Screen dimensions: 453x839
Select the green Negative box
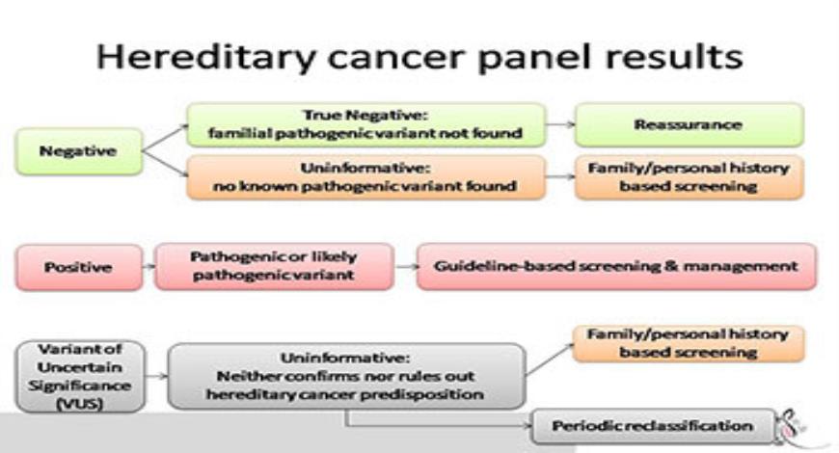(78, 151)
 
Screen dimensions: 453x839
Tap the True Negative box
(365, 125)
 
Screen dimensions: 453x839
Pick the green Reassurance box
(688, 125)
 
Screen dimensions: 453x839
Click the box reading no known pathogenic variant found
(365, 176)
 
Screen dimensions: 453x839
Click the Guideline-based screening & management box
(616, 266)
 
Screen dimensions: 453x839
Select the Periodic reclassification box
(653, 425)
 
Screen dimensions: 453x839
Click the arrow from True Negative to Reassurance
(558, 125)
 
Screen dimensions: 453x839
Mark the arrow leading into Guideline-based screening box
(405, 267)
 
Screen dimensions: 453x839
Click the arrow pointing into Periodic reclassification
(521, 425)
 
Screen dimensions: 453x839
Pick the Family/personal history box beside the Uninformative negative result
(688, 176)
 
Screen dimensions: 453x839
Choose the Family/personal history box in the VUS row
(688, 343)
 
